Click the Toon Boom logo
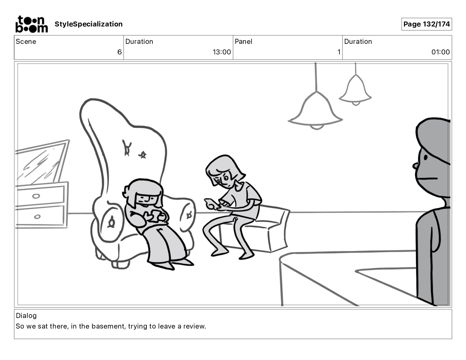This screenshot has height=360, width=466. [x=31, y=24]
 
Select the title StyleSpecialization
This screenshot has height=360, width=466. [x=89, y=24]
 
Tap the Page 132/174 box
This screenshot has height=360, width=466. [x=427, y=24]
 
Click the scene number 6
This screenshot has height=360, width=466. [x=119, y=52]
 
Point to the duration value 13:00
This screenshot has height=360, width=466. [x=222, y=52]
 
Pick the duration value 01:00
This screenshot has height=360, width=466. [x=440, y=52]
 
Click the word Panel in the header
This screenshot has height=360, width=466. [x=243, y=41]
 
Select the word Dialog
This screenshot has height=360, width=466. [x=26, y=316]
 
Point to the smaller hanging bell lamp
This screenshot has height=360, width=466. [x=355, y=90]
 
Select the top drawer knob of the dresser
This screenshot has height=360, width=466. [x=36, y=196]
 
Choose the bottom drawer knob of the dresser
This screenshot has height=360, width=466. [x=37, y=216]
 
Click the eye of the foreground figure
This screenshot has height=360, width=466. [x=425, y=157]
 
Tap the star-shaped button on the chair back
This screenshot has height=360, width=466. [x=142, y=155]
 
